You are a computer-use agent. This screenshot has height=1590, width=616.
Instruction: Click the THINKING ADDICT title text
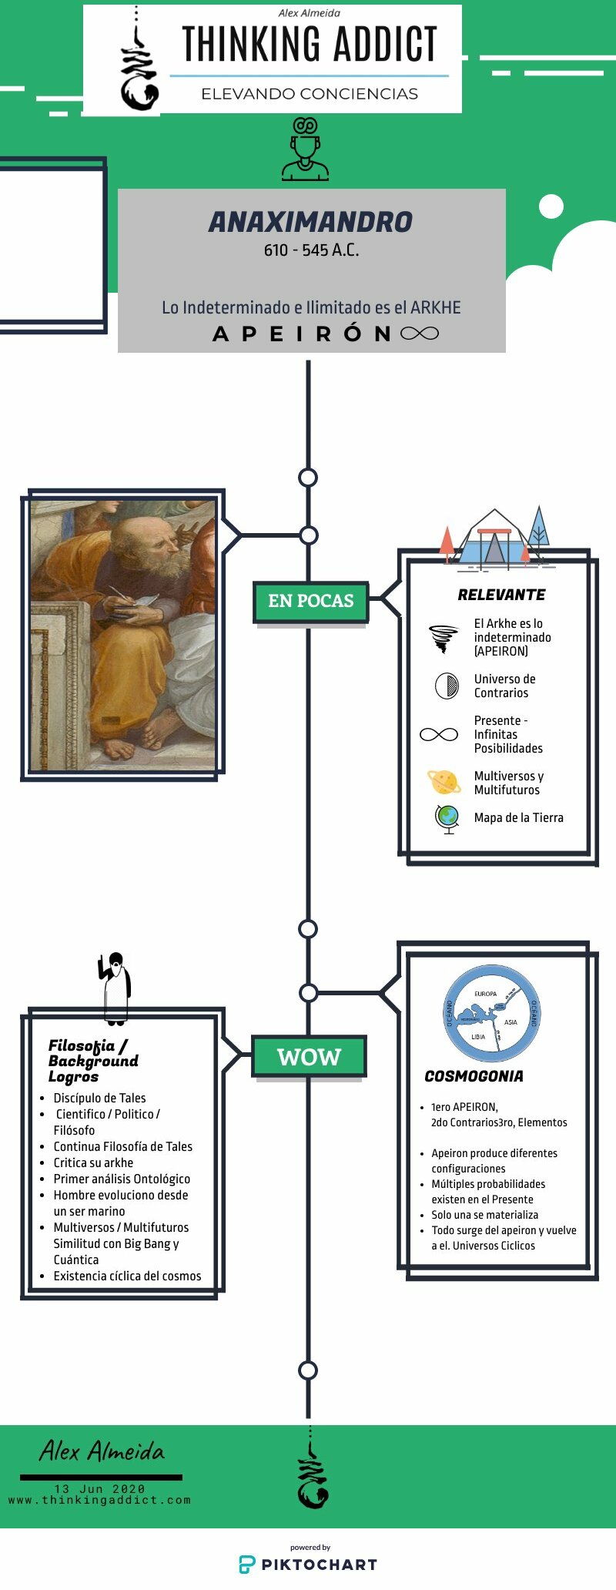[310, 44]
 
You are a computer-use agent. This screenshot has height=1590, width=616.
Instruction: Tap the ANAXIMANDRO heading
[310, 222]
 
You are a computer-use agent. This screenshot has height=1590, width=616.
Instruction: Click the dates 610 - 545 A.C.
[311, 250]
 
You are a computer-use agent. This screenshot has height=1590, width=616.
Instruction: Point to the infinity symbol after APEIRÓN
[420, 334]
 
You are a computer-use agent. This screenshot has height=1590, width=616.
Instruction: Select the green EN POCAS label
[311, 602]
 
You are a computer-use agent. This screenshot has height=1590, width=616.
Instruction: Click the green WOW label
[309, 1057]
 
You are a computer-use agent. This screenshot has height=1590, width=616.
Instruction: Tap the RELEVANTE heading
[501, 595]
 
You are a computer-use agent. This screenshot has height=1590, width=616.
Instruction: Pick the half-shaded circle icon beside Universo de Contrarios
[447, 686]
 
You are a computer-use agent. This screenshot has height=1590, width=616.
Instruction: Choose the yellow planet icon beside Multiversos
[444, 782]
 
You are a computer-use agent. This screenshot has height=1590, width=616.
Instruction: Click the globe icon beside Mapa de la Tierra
[447, 818]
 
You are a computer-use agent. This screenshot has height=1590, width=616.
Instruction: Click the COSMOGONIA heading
[474, 1076]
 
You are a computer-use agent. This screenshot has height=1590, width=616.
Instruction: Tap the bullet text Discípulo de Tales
[99, 1098]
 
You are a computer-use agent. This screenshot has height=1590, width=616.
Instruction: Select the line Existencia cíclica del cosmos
[127, 1276]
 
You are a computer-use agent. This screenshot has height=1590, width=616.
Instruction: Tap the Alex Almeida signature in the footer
[102, 1451]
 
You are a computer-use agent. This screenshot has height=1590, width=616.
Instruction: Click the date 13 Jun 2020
[99, 1488]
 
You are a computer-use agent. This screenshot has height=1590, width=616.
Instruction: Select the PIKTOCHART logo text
[319, 1565]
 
